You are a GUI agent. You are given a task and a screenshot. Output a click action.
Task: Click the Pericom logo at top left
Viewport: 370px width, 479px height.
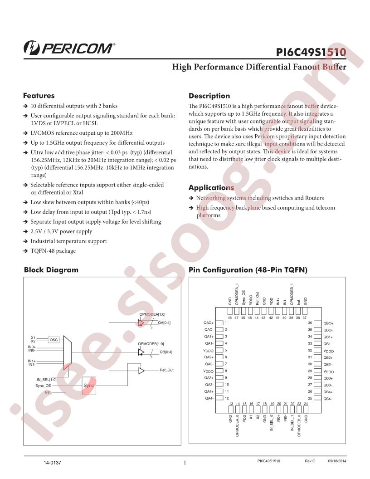[69, 48]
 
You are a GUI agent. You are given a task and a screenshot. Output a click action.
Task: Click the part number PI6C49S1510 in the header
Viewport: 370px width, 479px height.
[311, 52]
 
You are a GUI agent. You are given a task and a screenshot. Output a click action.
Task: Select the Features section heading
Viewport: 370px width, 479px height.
[39, 96]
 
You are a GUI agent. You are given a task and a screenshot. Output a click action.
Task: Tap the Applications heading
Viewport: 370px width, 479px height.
[211, 188]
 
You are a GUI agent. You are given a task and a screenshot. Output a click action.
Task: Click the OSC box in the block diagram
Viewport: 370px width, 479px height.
[54, 340]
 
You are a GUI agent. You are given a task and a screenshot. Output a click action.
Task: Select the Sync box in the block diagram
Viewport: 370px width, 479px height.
[89, 386]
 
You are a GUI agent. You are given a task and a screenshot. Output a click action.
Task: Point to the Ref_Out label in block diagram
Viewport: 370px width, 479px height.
[166, 370]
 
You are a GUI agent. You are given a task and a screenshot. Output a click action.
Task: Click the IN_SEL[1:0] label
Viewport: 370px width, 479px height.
[46, 380]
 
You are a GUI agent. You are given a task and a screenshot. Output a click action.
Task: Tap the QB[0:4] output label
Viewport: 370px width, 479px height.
[166, 352]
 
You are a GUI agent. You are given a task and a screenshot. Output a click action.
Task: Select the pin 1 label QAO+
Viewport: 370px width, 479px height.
[209, 323]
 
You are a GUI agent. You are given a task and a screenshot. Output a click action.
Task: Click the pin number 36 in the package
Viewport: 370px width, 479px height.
[310, 323]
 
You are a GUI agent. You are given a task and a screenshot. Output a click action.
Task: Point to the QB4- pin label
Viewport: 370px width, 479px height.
[327, 399]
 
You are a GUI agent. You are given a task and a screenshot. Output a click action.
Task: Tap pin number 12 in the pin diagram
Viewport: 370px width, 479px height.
[227, 398]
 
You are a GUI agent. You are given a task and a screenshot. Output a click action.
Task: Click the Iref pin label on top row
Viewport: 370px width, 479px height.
[298, 302]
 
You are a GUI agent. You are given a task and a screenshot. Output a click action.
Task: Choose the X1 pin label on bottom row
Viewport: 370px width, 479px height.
[251, 417]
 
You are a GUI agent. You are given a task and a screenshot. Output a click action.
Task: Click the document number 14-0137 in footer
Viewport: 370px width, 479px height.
[52, 463]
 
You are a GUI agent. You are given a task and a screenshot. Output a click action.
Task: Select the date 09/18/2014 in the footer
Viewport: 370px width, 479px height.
[337, 461]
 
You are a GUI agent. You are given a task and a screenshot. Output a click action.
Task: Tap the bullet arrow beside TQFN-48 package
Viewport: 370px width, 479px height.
[26, 251]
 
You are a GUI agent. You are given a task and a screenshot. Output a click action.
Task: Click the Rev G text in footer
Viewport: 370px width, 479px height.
[310, 461]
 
